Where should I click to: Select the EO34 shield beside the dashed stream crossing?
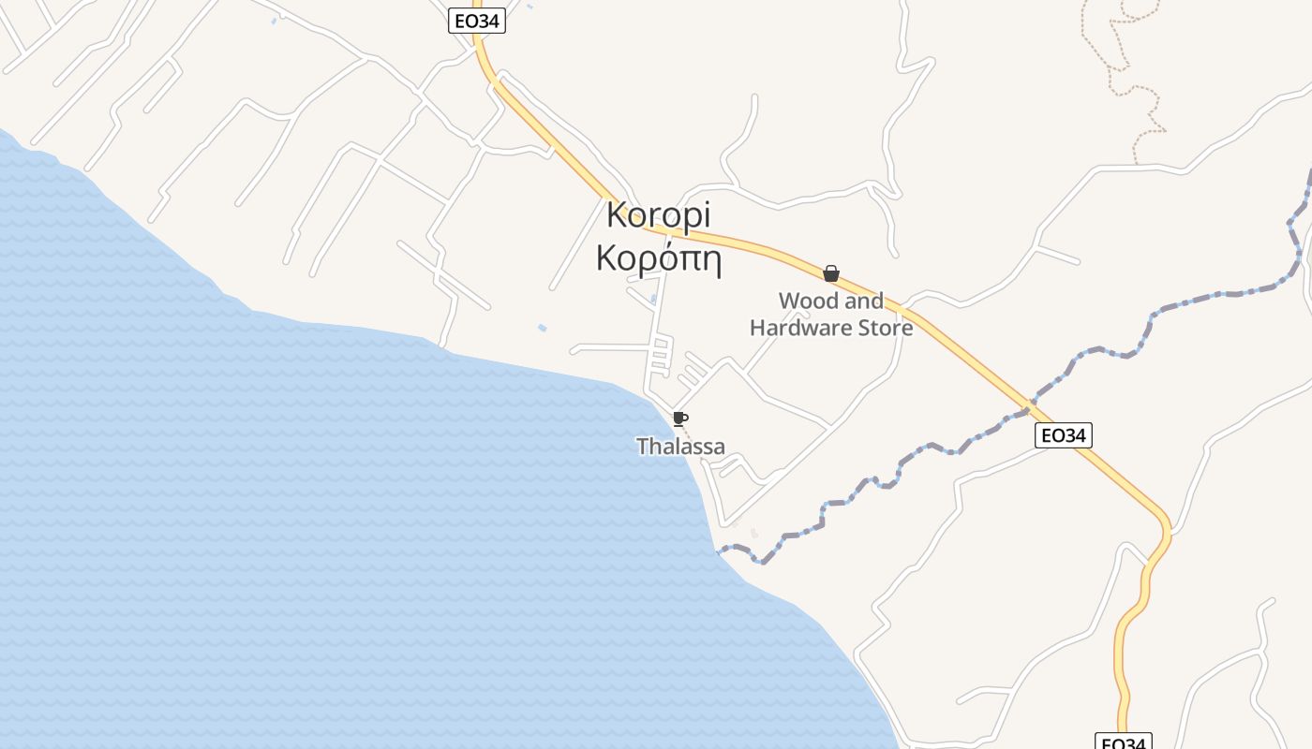point(1065,435)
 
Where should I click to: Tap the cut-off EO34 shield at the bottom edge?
point(1123,742)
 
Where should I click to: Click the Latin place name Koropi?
point(658,215)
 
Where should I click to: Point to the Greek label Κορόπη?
point(658,258)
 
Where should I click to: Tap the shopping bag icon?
point(830,273)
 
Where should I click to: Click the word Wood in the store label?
point(808,301)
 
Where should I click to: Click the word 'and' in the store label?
point(862,301)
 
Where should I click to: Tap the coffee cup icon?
point(680,419)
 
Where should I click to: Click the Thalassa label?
point(680,447)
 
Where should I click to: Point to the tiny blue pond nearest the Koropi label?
point(542,328)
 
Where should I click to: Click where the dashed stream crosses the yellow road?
point(1029,407)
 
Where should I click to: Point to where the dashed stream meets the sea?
point(720,551)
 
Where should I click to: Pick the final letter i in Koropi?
point(706,214)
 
